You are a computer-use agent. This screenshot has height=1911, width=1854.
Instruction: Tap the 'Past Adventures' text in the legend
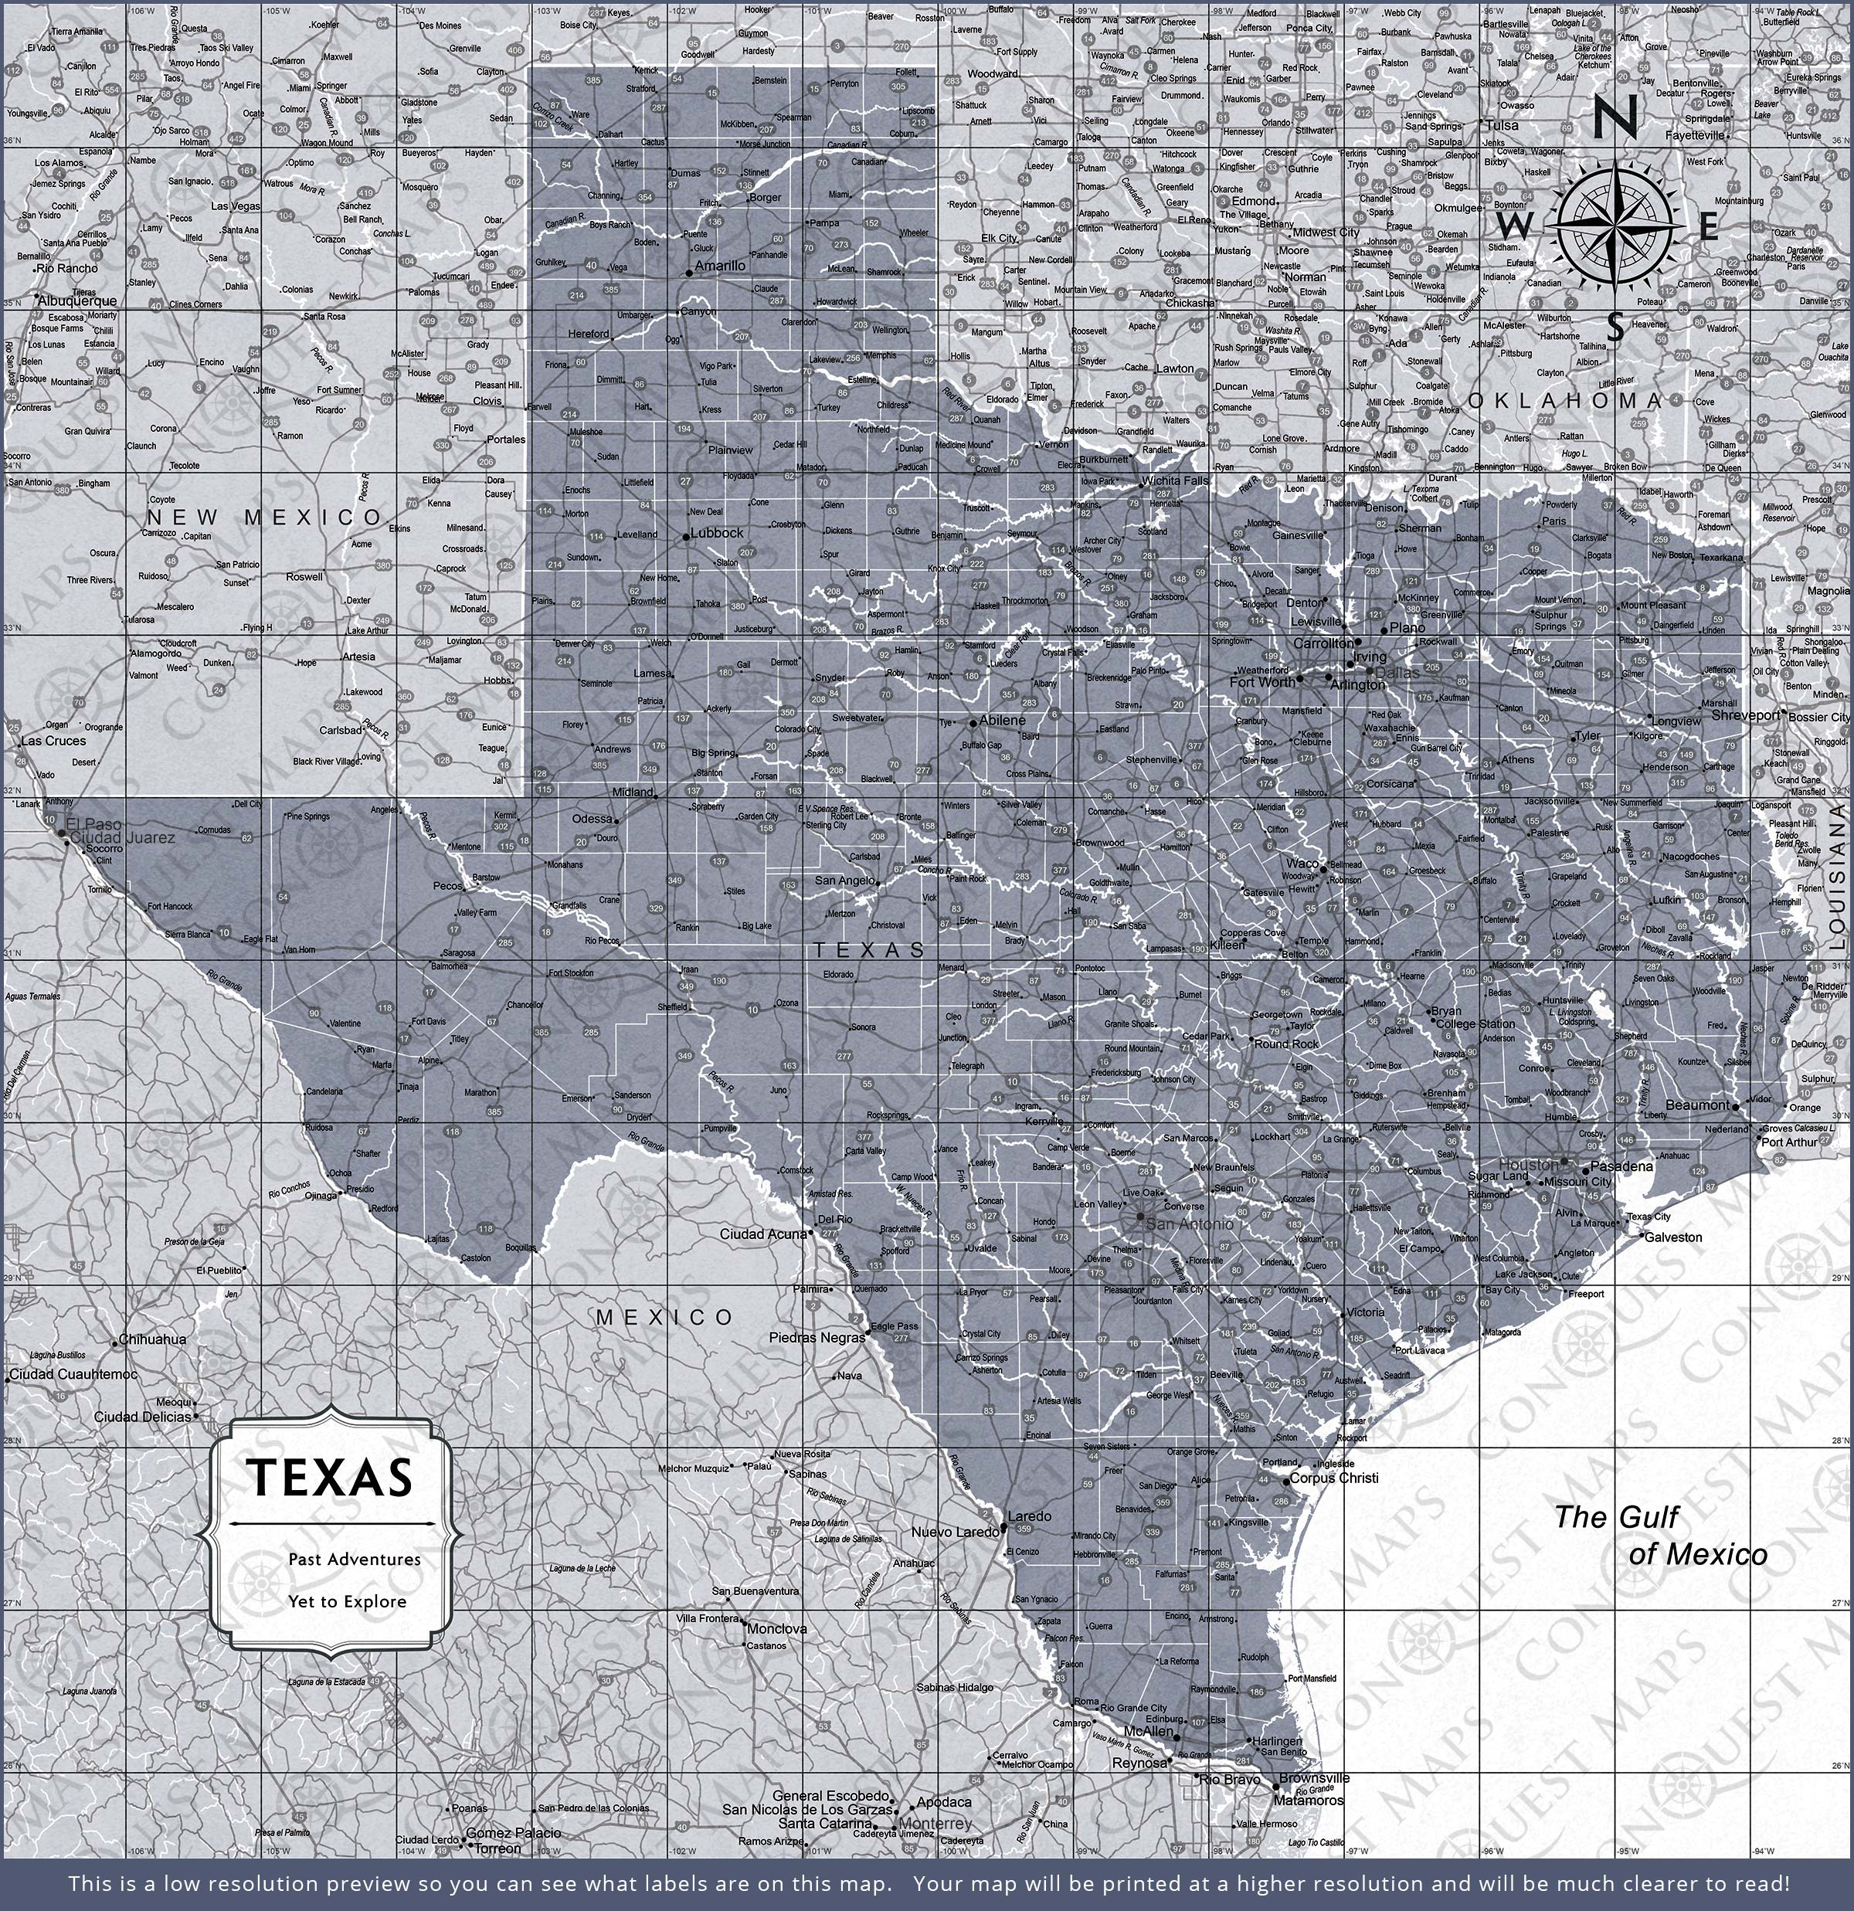point(354,1559)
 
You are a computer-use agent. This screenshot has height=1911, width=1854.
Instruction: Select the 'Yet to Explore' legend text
point(346,1601)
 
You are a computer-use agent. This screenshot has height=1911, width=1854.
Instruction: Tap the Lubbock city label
point(717,533)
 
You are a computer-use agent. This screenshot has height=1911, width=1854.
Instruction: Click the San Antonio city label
point(1189,1223)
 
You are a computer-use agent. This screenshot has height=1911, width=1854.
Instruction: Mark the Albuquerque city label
point(77,301)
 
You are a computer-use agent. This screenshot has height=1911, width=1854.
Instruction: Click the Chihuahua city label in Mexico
point(152,1339)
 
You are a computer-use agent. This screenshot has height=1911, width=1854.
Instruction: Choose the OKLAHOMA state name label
point(1564,401)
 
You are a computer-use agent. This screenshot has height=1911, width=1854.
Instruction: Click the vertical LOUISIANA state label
point(1838,877)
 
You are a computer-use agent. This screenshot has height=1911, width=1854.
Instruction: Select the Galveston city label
point(1673,1237)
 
